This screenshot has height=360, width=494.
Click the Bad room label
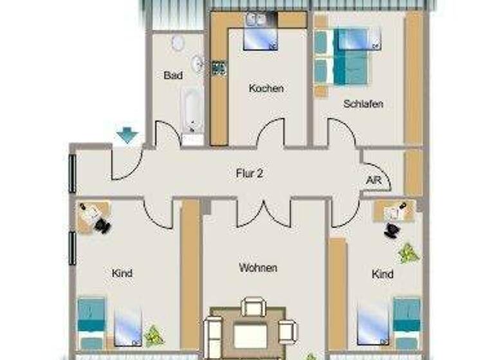173,75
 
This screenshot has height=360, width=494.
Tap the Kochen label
266,89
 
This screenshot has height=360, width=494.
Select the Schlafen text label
363,103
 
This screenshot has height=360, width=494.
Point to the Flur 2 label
250,172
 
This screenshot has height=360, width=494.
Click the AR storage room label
373,181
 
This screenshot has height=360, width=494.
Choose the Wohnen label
258,267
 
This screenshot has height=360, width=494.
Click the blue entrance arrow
127,136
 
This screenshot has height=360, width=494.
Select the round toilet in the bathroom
178,42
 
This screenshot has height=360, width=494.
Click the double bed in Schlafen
344,56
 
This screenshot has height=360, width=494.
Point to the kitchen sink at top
255,20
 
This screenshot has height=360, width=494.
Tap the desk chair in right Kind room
392,230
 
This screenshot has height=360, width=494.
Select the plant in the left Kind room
154,334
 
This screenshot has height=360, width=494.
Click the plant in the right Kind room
407,253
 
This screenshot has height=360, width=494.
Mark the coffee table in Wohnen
250,334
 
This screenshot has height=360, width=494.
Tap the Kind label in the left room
122,273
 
